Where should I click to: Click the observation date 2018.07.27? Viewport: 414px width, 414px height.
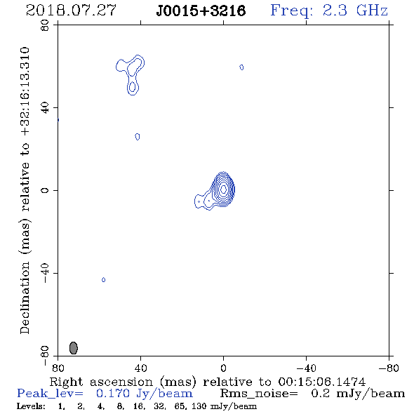(x=71, y=11)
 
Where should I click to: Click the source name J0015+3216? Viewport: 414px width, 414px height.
(x=201, y=11)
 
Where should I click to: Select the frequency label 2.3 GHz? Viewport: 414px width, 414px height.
(x=355, y=11)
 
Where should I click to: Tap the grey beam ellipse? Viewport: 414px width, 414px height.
(x=74, y=348)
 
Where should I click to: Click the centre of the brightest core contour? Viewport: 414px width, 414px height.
(x=223, y=189)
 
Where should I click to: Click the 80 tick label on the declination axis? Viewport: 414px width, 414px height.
(x=45, y=25)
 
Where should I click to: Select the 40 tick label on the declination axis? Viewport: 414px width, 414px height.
(x=45, y=108)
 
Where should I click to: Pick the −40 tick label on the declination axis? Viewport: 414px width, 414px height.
(x=45, y=273)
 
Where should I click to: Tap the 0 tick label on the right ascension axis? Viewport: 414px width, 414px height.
(x=223, y=368)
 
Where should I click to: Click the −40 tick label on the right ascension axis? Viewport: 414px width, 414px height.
(x=306, y=368)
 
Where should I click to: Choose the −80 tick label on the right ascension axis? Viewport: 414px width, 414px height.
(x=389, y=368)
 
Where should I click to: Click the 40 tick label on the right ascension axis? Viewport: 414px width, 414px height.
(x=140, y=368)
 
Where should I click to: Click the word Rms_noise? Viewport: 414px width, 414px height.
(x=259, y=394)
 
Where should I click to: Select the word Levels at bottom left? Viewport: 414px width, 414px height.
(x=31, y=406)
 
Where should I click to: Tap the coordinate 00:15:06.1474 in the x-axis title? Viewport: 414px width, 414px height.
(x=322, y=382)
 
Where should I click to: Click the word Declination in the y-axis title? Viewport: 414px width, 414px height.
(x=25, y=298)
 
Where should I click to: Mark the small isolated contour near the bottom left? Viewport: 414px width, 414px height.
(x=104, y=279)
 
